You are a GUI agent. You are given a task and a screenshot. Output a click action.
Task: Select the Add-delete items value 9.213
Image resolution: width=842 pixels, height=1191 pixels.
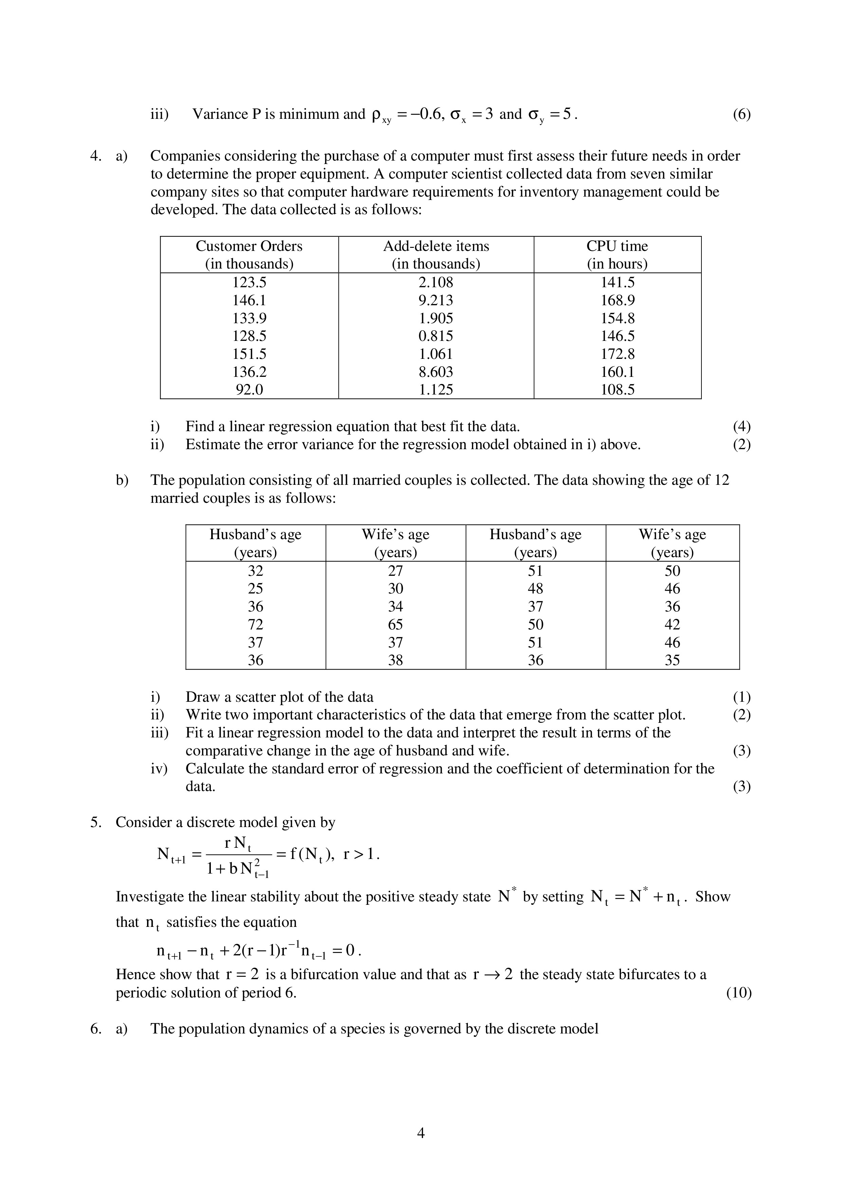tap(436, 300)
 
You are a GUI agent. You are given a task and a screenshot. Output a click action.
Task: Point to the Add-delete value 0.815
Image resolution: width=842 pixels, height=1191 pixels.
tap(436, 336)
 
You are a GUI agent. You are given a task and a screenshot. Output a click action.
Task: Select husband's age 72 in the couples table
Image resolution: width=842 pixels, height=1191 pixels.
tap(255, 625)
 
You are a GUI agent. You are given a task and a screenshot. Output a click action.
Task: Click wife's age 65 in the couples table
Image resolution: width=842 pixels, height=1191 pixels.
tap(395, 625)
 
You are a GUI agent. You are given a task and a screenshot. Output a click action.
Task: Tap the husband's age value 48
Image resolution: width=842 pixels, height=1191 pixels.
tap(535, 589)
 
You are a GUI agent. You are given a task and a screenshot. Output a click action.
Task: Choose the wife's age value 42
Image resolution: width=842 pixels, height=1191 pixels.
tap(672, 625)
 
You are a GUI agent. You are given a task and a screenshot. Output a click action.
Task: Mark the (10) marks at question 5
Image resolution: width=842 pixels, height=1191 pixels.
tap(739, 993)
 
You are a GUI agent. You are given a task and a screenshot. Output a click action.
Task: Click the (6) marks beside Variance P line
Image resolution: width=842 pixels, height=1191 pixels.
tap(742, 114)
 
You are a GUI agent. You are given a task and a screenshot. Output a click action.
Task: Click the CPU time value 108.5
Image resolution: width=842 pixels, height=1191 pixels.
tap(617, 389)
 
